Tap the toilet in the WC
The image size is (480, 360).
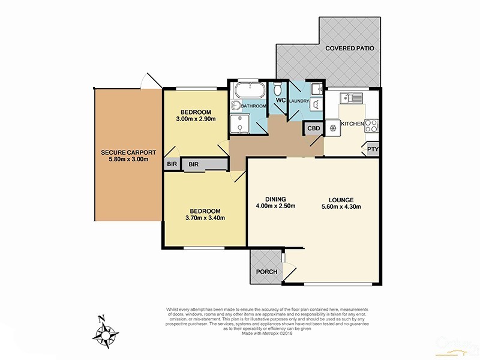[278, 89]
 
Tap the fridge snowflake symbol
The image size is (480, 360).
[332, 127]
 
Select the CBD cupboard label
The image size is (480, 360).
[313, 128]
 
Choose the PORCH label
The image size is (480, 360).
[266, 272]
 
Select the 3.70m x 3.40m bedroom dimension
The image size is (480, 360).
[205, 218]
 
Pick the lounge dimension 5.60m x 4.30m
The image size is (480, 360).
[340, 208]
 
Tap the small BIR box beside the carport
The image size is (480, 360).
[172, 163]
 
